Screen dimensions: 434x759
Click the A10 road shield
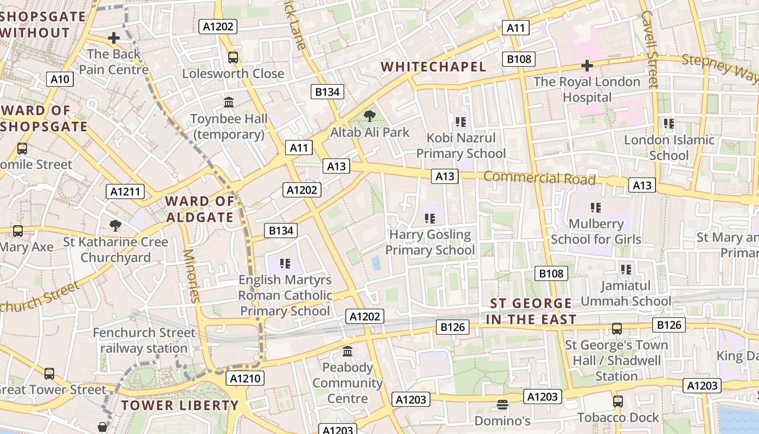[x=60, y=79]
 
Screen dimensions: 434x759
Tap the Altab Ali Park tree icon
[x=370, y=116]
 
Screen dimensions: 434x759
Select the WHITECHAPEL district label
[x=433, y=67]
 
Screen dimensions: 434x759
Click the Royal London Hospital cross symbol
[x=587, y=66]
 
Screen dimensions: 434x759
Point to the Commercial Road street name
[x=539, y=178]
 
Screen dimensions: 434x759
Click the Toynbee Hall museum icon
[x=229, y=102]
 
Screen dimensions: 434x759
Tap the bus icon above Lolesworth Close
[x=233, y=57]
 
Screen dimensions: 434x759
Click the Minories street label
[x=191, y=275]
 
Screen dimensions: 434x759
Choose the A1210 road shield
[x=246, y=378]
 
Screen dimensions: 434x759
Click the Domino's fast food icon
[x=502, y=405]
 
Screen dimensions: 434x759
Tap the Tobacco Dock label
[x=618, y=417]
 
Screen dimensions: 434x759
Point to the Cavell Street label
[x=649, y=49]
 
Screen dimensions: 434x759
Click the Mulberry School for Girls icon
[x=596, y=207]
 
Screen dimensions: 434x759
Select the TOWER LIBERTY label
[x=179, y=405]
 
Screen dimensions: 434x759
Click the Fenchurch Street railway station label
[x=144, y=340]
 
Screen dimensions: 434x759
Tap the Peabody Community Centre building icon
[x=348, y=352]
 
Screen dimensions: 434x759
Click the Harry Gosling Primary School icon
[x=430, y=219]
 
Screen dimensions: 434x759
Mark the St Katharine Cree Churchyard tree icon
[x=115, y=226]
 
